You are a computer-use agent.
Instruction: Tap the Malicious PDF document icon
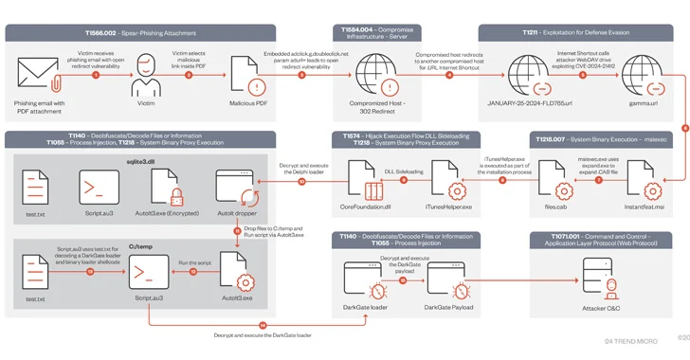point(249,76)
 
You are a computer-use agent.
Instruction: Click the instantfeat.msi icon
point(645,178)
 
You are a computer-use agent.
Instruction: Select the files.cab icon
point(556,178)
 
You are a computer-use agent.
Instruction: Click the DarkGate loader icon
point(364,280)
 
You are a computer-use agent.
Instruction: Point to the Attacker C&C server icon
point(601,280)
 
